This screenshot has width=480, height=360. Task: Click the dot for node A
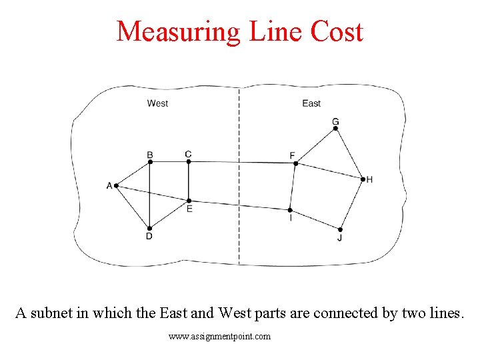click(x=116, y=185)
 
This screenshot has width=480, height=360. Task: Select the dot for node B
click(x=150, y=161)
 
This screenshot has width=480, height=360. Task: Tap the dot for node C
click(x=189, y=161)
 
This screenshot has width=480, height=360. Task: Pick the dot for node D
click(x=149, y=228)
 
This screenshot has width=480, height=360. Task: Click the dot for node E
click(x=189, y=200)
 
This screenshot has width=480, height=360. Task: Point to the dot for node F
click(x=294, y=163)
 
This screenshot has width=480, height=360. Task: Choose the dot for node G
click(x=335, y=128)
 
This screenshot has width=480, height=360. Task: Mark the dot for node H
click(x=363, y=179)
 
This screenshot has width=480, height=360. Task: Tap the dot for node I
click(x=290, y=210)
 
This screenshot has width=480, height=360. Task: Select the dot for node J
click(x=340, y=229)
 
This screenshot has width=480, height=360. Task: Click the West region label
click(x=157, y=103)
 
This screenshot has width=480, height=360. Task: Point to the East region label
click(x=311, y=103)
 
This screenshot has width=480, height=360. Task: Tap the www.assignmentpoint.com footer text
click(x=220, y=337)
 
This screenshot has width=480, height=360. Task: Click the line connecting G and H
click(x=349, y=154)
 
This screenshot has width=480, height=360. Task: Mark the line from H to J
click(x=352, y=203)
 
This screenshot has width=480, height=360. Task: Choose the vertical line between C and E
click(x=189, y=181)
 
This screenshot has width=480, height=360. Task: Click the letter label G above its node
click(x=335, y=121)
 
